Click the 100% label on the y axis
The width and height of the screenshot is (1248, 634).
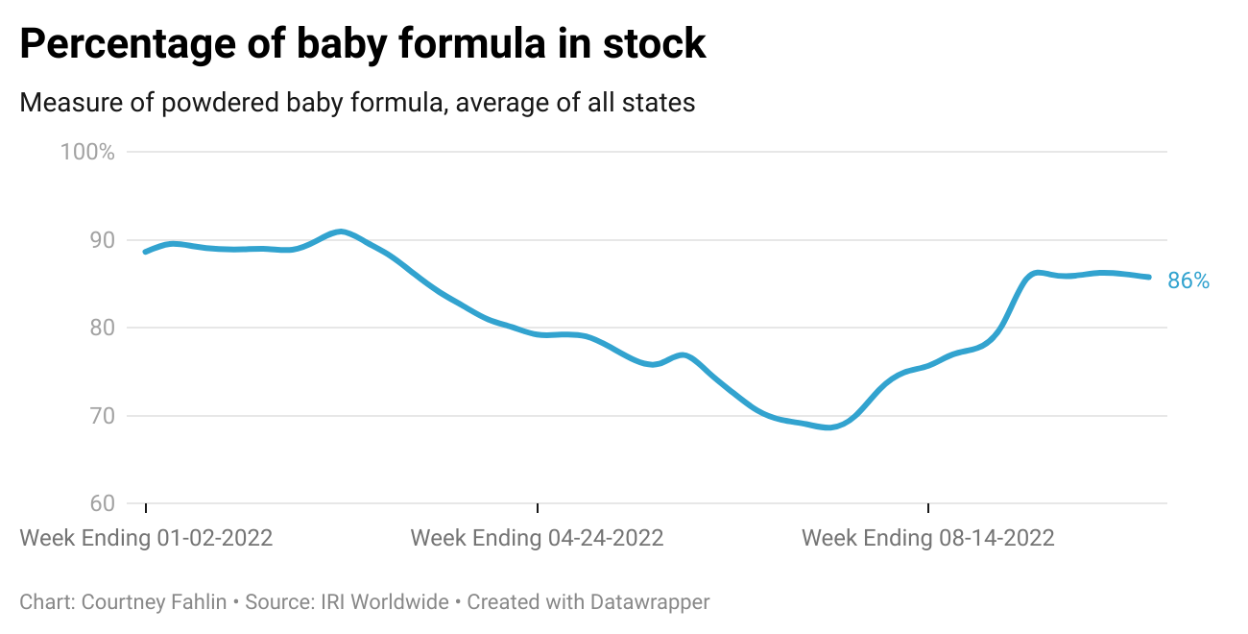[87, 152]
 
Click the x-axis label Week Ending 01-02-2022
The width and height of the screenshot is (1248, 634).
[146, 538]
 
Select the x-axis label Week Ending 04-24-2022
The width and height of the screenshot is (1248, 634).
[537, 538]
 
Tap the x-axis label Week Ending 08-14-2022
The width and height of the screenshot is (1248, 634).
[927, 538]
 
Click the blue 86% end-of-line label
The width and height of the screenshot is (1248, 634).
[1188, 280]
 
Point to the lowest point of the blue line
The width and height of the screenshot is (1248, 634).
[829, 427]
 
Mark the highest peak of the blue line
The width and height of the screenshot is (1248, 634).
[341, 232]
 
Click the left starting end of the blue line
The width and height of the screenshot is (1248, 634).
[145, 252]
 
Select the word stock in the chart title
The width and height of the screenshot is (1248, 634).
[657, 45]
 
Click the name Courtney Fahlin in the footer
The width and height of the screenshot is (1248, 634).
[155, 602]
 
